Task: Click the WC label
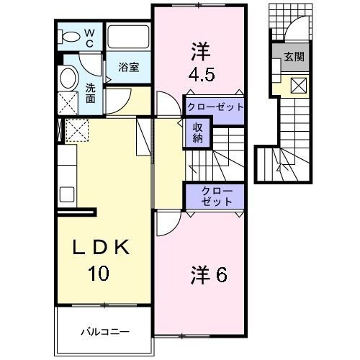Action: (x=89, y=37)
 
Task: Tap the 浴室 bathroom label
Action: (x=129, y=67)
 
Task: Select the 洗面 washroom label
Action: (x=91, y=93)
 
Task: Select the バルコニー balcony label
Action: (x=104, y=333)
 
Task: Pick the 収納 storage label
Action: (x=197, y=132)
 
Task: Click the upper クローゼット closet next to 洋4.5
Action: (x=215, y=107)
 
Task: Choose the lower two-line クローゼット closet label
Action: (x=215, y=197)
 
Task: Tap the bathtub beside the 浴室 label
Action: (x=127, y=37)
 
